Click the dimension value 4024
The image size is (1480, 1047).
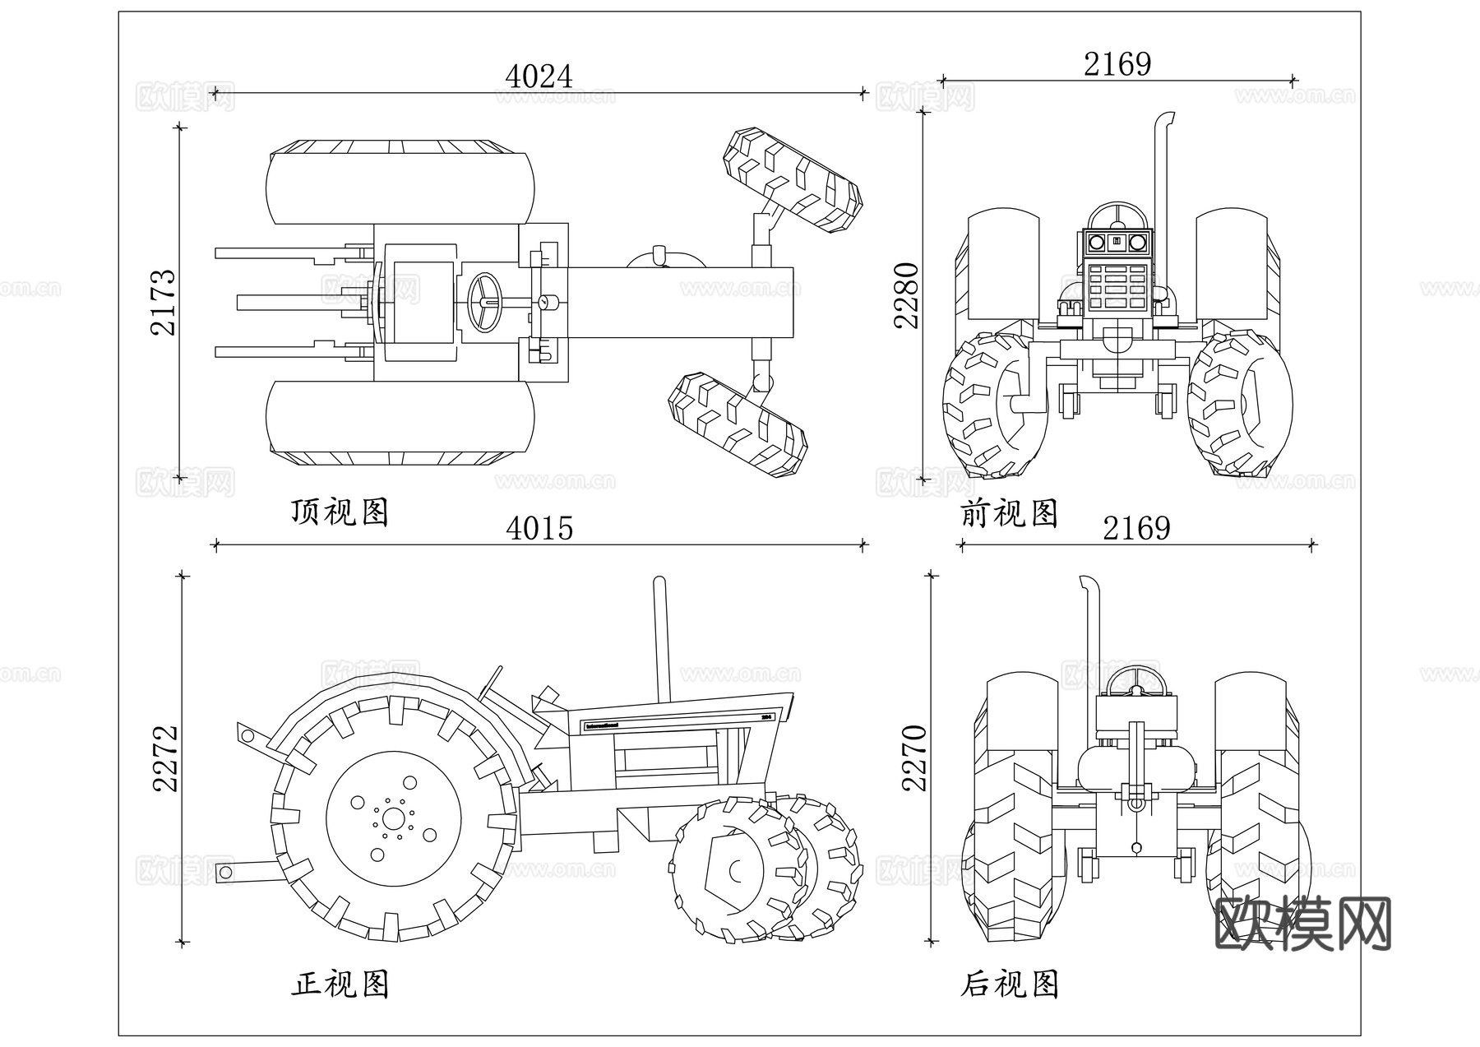(x=539, y=77)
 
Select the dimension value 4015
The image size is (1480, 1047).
(x=539, y=528)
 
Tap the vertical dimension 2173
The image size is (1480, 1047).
(x=164, y=302)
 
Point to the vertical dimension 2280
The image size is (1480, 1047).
(x=907, y=295)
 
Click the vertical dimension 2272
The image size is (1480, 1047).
(x=166, y=758)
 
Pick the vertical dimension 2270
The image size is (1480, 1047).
(x=914, y=757)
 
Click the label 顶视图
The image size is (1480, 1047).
(x=340, y=512)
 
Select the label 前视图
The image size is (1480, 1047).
(x=1009, y=514)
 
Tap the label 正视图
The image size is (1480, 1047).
(x=340, y=984)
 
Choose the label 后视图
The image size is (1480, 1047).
(x=1009, y=984)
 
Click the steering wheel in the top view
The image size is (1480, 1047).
(x=485, y=302)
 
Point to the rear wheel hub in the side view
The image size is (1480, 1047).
(x=394, y=818)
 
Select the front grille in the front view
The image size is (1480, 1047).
(x=1116, y=287)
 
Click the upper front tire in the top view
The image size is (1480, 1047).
(x=793, y=180)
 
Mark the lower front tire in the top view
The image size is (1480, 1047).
(x=738, y=424)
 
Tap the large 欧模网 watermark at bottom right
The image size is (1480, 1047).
(x=1302, y=924)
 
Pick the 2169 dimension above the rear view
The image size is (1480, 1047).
(x=1136, y=528)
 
